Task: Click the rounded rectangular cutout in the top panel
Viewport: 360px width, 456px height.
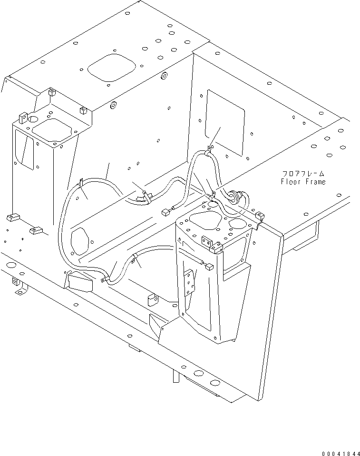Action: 112,68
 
